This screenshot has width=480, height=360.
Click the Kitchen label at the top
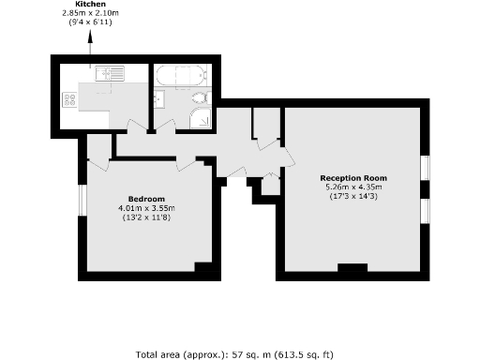click(91, 6)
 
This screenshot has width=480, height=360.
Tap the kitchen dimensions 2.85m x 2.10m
click(91, 14)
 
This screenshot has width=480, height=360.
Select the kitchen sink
click(105, 72)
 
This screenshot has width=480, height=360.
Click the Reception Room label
click(352, 178)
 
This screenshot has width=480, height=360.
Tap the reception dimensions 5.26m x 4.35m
click(352, 187)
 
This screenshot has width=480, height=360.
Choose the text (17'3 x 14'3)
click(352, 196)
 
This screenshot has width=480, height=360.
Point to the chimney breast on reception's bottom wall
click(352, 270)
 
